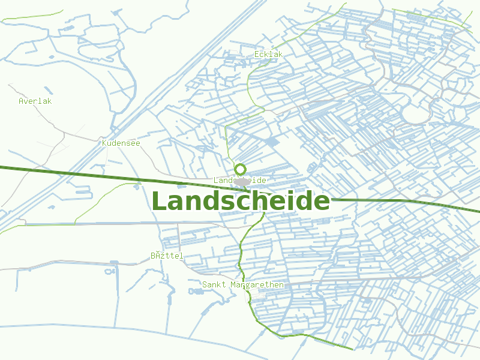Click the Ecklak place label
pos(268,55)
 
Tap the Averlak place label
pos(35,101)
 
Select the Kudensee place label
pos(121,143)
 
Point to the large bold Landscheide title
pos(241,201)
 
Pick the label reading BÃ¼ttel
pos(167,256)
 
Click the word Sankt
pos(214,284)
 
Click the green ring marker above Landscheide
pos(241,169)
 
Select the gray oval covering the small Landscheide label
pos(241,181)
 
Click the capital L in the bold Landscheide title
pos(159,201)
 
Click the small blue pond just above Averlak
pos(47,90)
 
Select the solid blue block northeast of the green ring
pos(272,142)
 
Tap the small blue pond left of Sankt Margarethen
pos(196,292)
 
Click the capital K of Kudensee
pos(104,143)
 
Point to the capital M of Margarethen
pos(233,284)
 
